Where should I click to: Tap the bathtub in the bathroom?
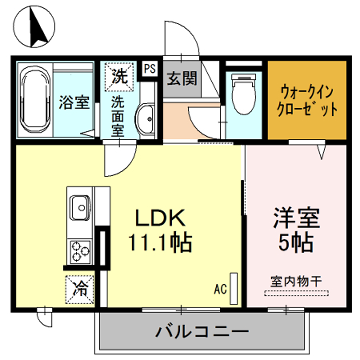(x=38, y=101)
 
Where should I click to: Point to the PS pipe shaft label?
(x=149, y=70)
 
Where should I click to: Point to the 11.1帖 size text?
(x=157, y=241)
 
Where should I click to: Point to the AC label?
(x=219, y=290)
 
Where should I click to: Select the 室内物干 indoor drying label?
(x=296, y=281)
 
